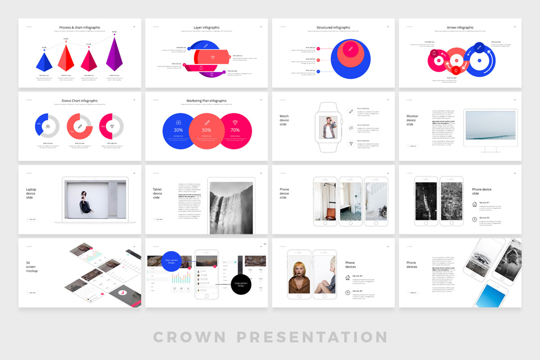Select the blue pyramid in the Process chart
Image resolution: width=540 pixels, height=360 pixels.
coord(44,61)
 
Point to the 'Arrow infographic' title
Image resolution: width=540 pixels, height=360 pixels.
coord(460,27)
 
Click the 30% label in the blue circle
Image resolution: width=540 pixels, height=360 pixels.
coord(178,130)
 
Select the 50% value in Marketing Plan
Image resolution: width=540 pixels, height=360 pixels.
coord(207,130)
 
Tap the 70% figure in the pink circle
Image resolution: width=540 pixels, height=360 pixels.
coord(235,130)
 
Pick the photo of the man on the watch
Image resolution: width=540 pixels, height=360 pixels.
coord(328,127)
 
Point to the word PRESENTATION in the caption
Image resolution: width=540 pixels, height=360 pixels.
coord(312,337)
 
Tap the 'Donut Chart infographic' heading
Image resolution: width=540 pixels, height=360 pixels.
coord(79,101)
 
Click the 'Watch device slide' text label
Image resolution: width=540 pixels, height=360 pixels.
coord(284,120)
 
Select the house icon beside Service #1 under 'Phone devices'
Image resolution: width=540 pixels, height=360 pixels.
coord(347,278)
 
